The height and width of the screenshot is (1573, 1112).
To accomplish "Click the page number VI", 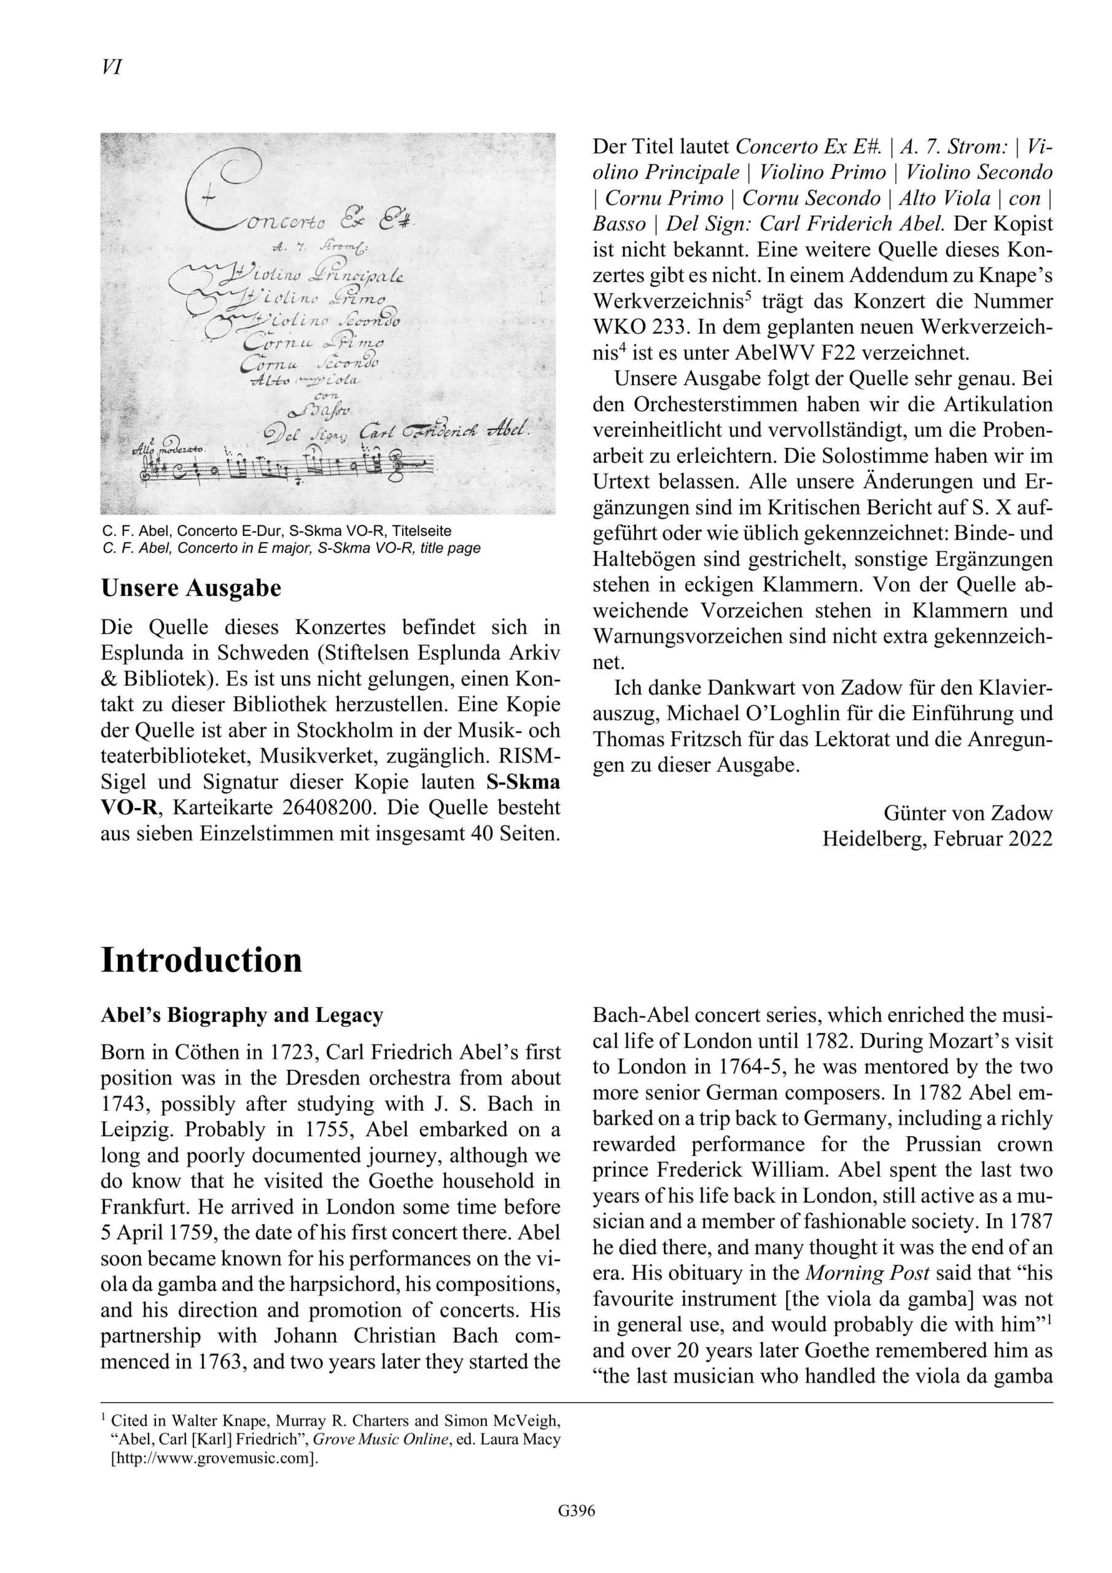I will click(111, 67).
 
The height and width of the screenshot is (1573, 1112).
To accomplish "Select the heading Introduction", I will click(201, 960).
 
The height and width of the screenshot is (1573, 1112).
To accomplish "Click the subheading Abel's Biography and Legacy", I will click(242, 1014).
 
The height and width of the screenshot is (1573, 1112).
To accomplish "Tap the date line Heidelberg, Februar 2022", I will click(937, 839).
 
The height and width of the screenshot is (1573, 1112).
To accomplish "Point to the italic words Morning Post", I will click(867, 1273).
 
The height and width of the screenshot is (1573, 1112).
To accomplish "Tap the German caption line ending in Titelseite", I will click(277, 531).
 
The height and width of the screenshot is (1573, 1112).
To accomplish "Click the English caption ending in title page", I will click(291, 548).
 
